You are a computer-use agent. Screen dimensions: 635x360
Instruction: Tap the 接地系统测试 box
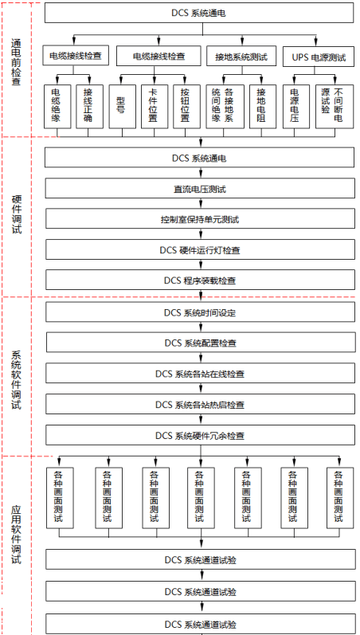240,56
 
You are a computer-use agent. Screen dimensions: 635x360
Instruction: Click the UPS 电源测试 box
319,56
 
